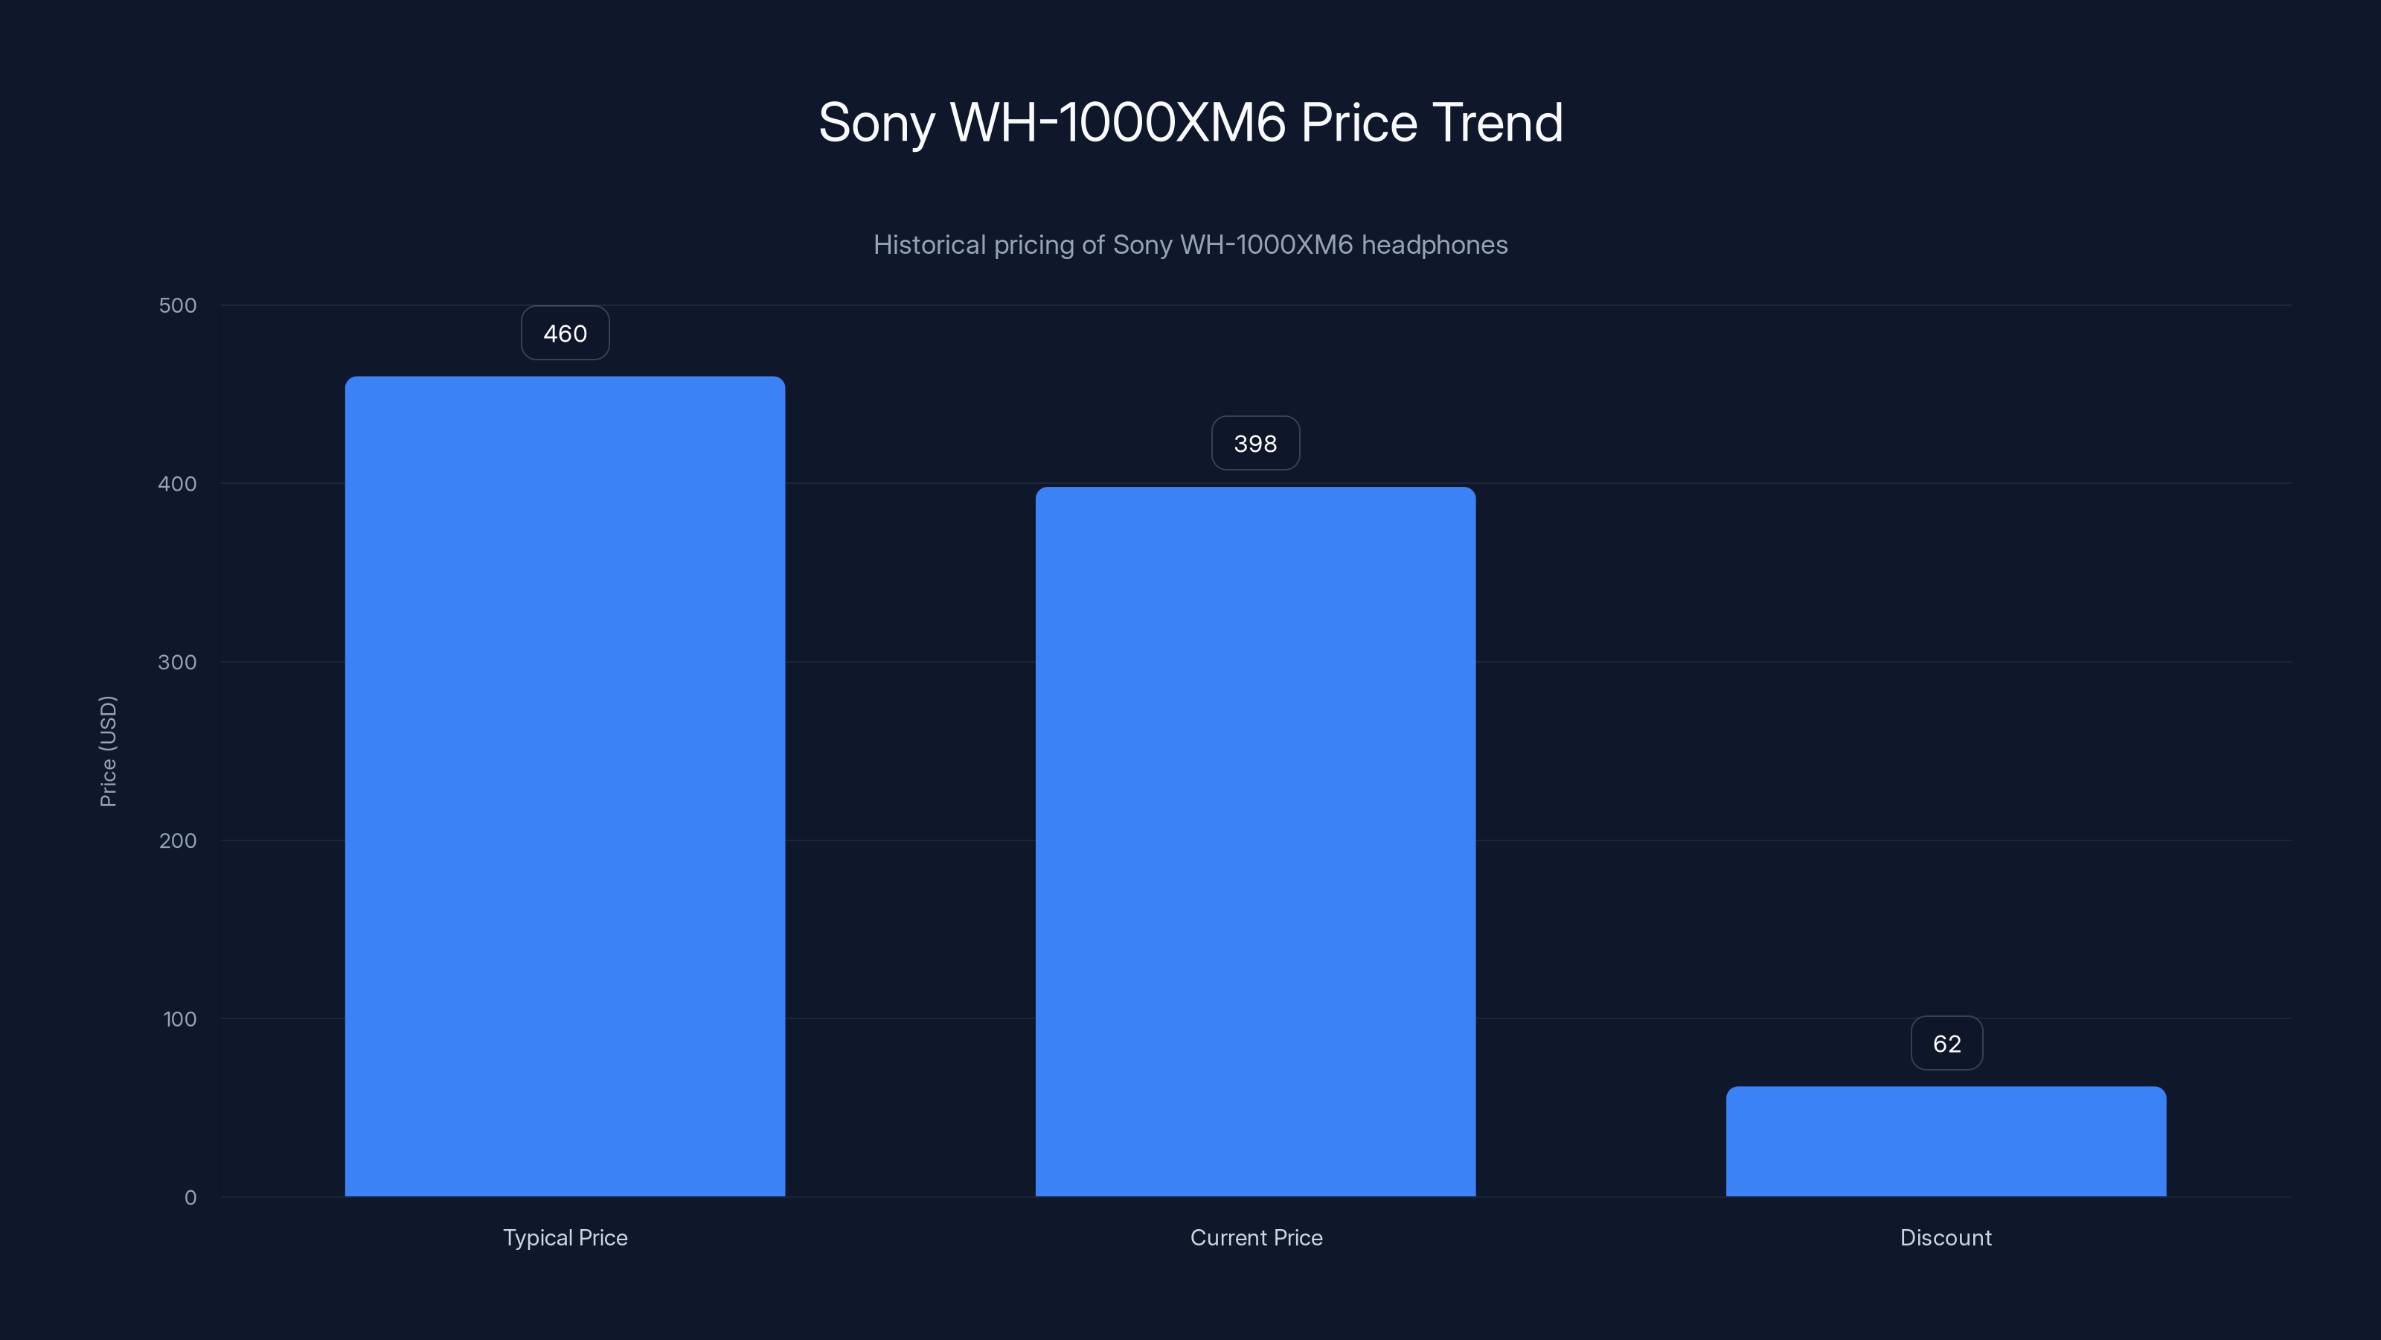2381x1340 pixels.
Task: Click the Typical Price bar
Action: click(x=565, y=786)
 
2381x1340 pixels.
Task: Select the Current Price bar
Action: click(x=1255, y=841)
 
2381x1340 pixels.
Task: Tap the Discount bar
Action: click(x=1946, y=1141)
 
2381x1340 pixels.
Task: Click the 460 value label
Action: click(x=565, y=333)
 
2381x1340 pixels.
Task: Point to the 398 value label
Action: click(x=1255, y=443)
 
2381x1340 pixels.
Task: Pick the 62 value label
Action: click(x=1946, y=1043)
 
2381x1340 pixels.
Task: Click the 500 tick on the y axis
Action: click(x=178, y=305)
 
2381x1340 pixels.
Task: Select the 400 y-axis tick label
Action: click(x=178, y=484)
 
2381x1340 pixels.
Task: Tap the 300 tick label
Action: click(x=178, y=662)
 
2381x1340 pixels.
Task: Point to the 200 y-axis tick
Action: click(x=178, y=840)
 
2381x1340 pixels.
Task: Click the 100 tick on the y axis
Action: click(x=179, y=1019)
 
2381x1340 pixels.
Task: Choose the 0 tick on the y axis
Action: click(x=190, y=1198)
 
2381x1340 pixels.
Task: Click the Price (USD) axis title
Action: click(x=108, y=751)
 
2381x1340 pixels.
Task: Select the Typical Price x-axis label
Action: click(x=565, y=1237)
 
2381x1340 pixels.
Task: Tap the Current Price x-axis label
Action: click(x=1256, y=1237)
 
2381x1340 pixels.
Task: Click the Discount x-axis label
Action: click(x=1946, y=1237)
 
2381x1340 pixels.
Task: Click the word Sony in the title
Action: click(x=877, y=123)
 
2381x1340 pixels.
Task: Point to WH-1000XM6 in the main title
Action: click(x=1118, y=122)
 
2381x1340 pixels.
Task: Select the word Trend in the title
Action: click(x=1497, y=122)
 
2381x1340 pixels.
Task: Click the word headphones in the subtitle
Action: click(x=1434, y=245)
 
